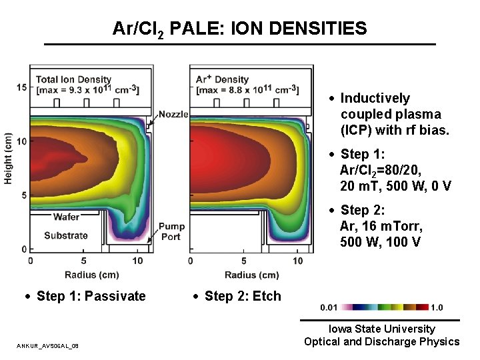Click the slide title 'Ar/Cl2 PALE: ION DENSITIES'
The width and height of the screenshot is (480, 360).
coord(239,29)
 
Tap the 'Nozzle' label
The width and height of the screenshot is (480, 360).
coord(174,115)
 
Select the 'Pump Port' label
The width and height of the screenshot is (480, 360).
coord(171,231)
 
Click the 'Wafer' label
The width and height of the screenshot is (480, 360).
coord(66,217)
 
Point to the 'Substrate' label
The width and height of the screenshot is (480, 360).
coord(66,235)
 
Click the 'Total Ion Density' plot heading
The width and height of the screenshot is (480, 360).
coord(73,80)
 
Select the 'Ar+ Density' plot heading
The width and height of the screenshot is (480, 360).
coord(222,80)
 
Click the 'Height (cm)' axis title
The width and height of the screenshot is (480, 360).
coord(9,158)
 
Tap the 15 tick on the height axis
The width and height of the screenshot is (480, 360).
coord(22,87)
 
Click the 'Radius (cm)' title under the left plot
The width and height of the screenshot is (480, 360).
coord(91,275)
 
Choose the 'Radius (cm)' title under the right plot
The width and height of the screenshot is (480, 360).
coord(251,275)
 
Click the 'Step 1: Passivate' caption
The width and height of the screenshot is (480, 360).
coord(91,296)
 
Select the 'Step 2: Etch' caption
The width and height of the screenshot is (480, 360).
coord(243,296)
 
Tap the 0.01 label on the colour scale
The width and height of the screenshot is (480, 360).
coord(329,307)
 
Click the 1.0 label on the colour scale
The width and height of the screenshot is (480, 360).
coord(437,307)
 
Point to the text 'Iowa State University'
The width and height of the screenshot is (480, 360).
coord(381,329)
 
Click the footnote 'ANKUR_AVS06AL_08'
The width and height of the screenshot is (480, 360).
coord(48,345)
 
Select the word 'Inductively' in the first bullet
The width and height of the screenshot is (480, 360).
coord(375,99)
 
